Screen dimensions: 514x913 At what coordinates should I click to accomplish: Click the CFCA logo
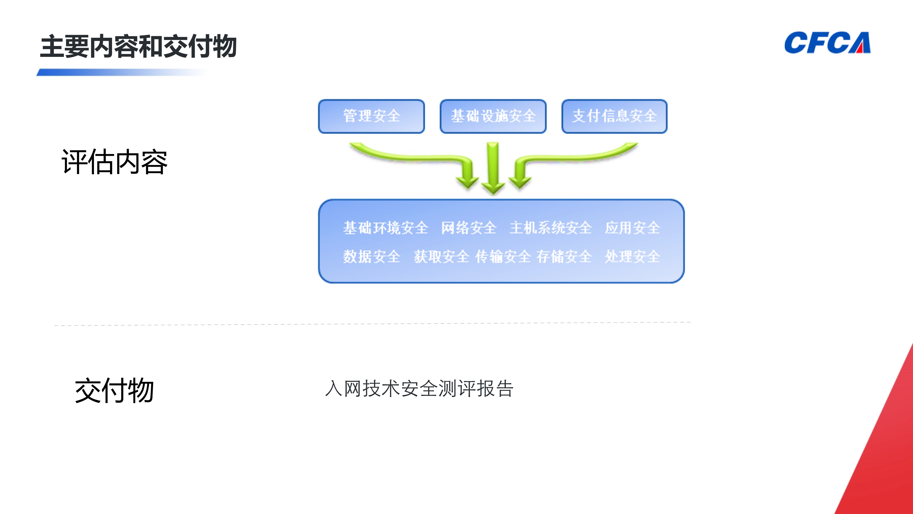pyautogui.click(x=827, y=42)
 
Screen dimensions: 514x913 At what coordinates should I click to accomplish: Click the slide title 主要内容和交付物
pyautogui.click(x=138, y=46)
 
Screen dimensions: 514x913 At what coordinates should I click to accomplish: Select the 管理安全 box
pyautogui.click(x=371, y=116)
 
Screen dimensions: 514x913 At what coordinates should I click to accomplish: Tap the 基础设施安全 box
pyautogui.click(x=493, y=116)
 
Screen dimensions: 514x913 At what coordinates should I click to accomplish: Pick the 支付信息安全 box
pyautogui.click(x=615, y=116)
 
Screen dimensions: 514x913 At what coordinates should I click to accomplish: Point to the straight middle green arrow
pyautogui.click(x=493, y=167)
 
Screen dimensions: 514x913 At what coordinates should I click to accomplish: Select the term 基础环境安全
pyautogui.click(x=386, y=228)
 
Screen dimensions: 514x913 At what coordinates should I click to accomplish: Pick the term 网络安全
pyautogui.click(x=469, y=228)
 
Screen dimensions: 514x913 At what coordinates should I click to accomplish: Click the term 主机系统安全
pyautogui.click(x=550, y=228)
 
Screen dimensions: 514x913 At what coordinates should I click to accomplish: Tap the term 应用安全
pyautogui.click(x=632, y=228)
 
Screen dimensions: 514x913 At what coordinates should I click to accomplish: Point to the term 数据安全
pyautogui.click(x=371, y=257)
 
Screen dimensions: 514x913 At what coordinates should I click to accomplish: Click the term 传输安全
pyautogui.click(x=503, y=257)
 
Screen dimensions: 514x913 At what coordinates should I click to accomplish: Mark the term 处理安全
pyautogui.click(x=632, y=257)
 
